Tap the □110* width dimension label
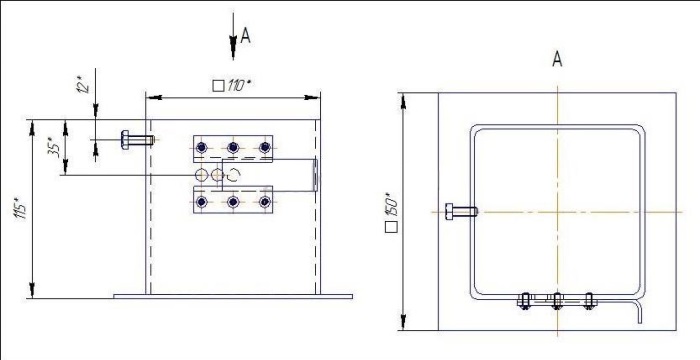click(232, 85)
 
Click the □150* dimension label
click(393, 213)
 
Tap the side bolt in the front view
click(135, 140)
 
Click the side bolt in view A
click(462, 211)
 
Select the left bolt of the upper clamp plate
click(202, 148)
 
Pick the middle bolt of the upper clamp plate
click(233, 148)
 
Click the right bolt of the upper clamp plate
click(264, 148)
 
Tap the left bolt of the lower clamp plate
click(202, 202)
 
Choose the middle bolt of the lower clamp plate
click(233, 202)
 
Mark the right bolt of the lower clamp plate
click(264, 202)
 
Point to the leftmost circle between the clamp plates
click(202, 175)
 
